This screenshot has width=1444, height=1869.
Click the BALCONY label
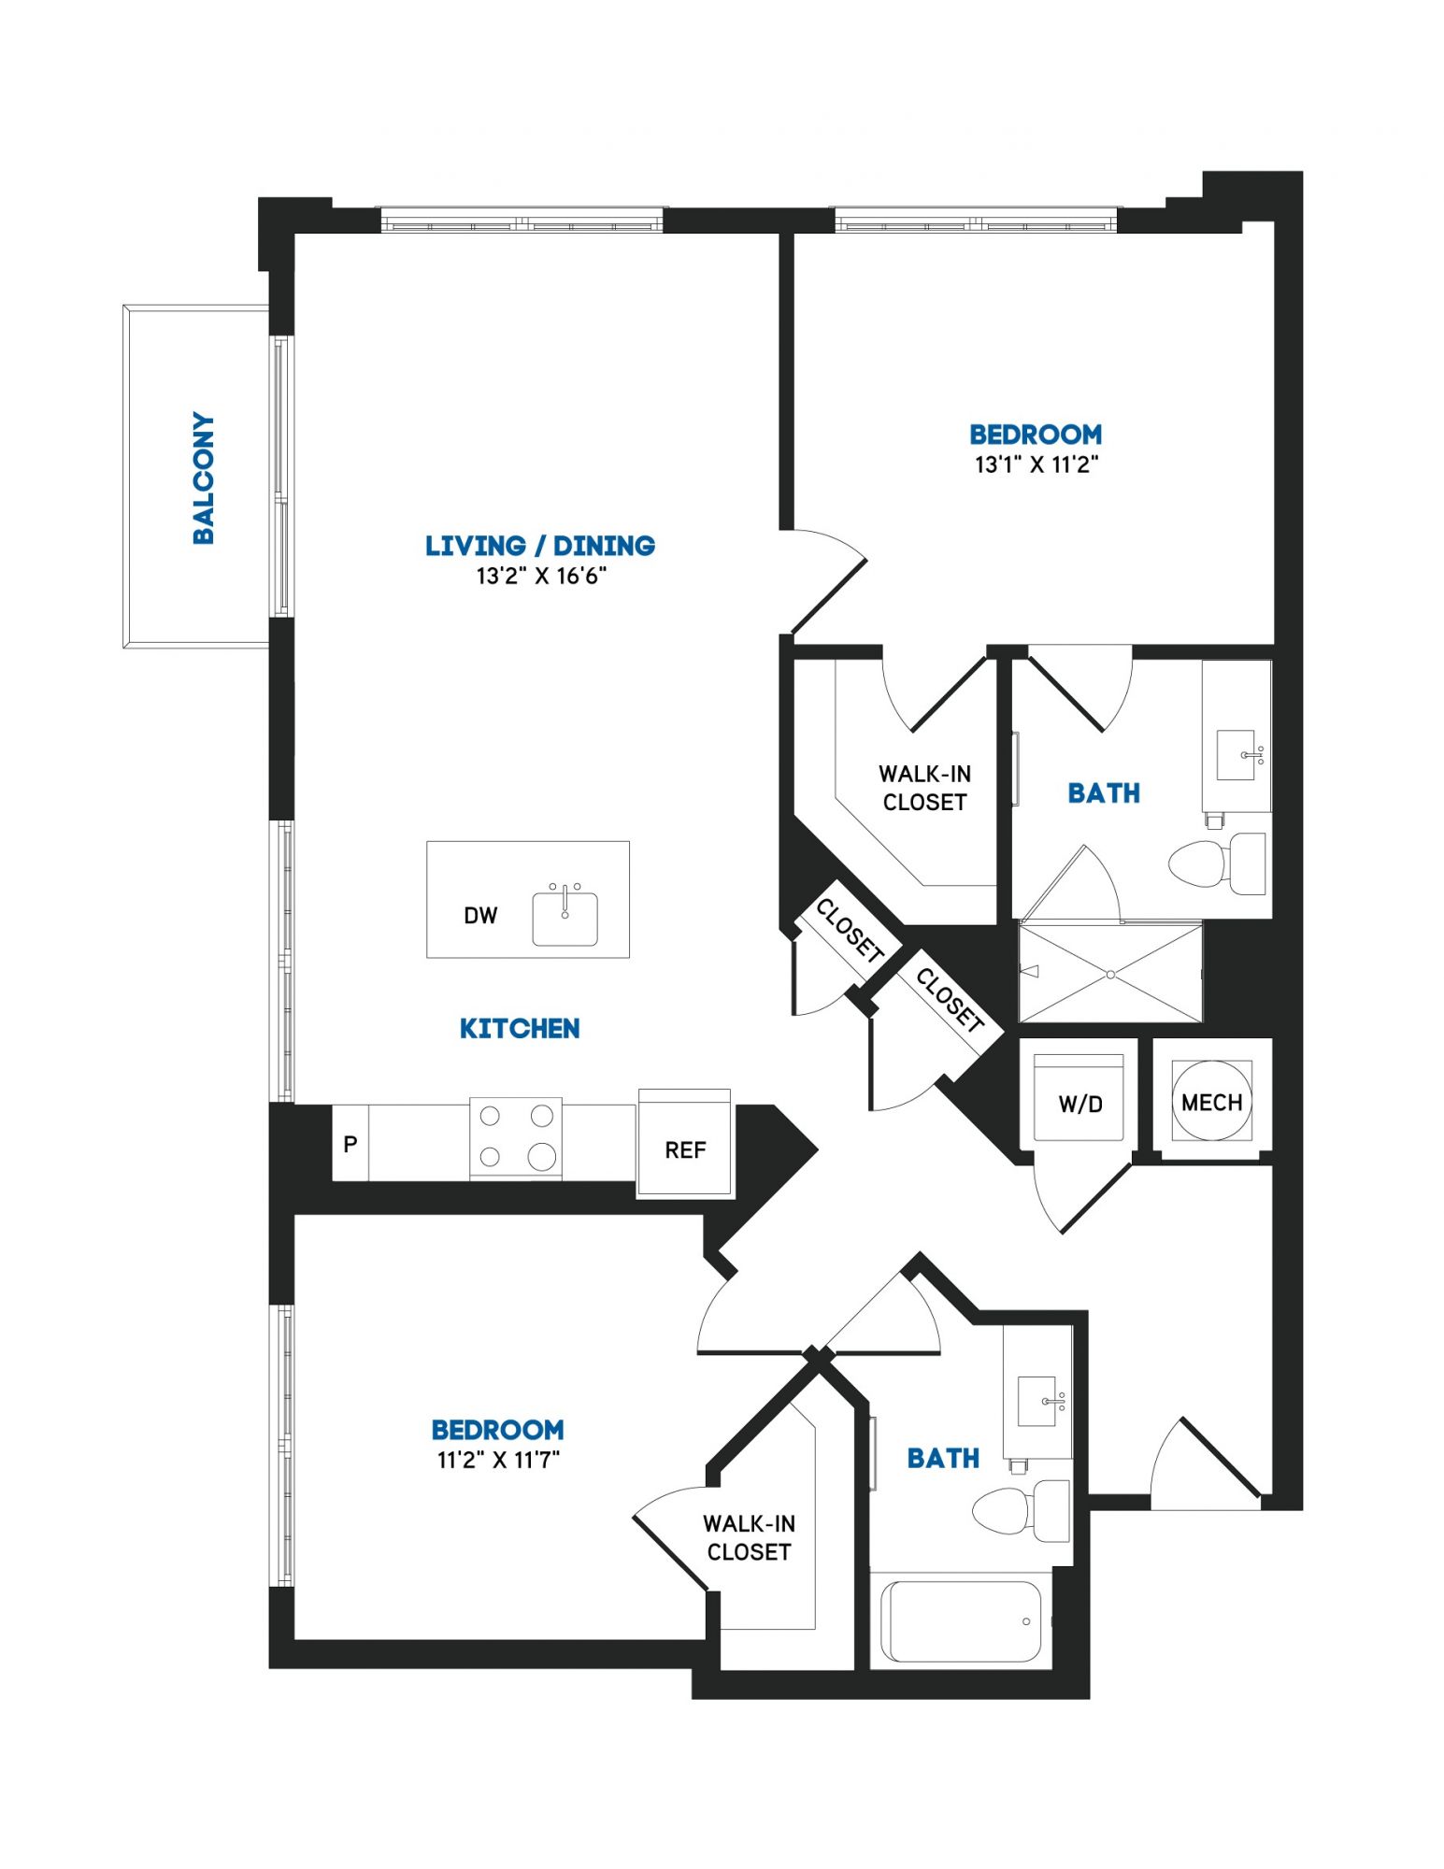pos(203,478)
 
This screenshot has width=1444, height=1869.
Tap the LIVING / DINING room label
pos(540,546)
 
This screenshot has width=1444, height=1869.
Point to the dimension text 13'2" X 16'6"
pos(541,576)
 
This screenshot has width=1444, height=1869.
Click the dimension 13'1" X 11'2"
pos(1036,464)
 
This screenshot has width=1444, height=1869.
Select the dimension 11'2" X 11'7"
pos(498,1460)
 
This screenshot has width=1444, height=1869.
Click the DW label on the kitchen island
pos(480,916)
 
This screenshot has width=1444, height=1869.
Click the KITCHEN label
pos(520,1029)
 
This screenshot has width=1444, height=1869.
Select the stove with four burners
pos(515,1138)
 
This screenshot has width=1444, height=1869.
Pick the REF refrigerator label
pos(685,1150)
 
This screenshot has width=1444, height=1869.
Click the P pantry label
pos(350,1144)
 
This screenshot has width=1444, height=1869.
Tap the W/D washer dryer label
pos(1080,1105)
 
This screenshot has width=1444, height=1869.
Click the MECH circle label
pos(1211,1103)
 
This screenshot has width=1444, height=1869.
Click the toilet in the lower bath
pos(1021,1511)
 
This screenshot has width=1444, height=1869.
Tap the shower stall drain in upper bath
pos(1110,975)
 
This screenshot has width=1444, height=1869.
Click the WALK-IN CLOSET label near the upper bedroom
pos(924,788)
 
